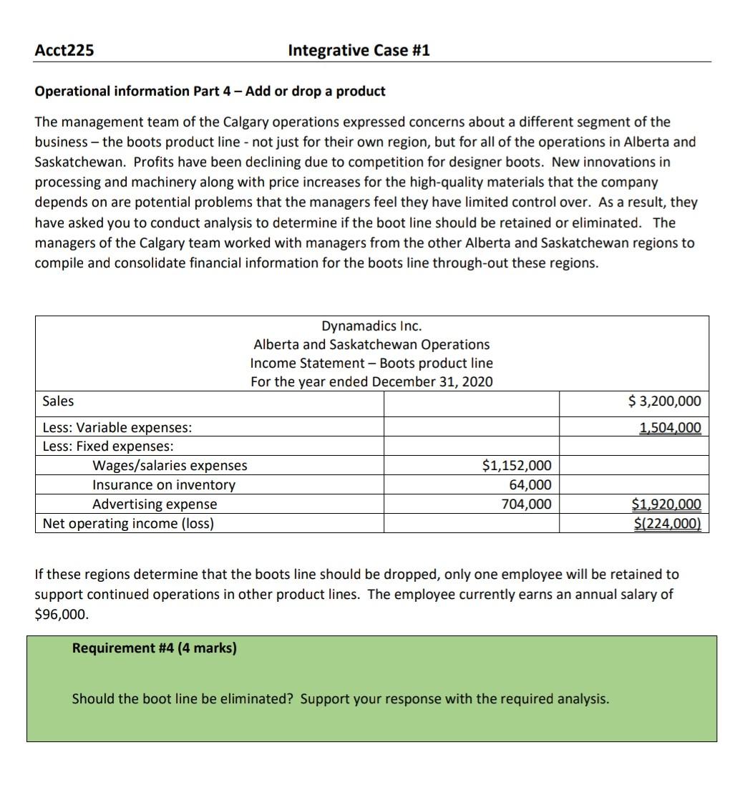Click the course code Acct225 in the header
(x=64, y=50)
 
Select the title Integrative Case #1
(x=359, y=50)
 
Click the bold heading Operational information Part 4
(x=210, y=91)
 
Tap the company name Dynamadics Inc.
(x=371, y=326)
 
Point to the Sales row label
(x=58, y=401)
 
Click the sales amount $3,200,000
(x=664, y=401)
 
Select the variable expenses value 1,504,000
(x=670, y=428)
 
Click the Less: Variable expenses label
(x=117, y=428)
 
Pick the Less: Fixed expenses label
(x=107, y=447)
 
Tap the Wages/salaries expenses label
(x=170, y=466)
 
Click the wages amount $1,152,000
(x=517, y=466)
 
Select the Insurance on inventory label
(x=163, y=485)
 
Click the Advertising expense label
(x=155, y=504)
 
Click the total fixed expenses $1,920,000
(x=666, y=504)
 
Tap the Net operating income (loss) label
(x=128, y=524)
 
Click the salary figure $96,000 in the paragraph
(x=60, y=614)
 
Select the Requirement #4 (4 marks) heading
(x=154, y=648)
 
